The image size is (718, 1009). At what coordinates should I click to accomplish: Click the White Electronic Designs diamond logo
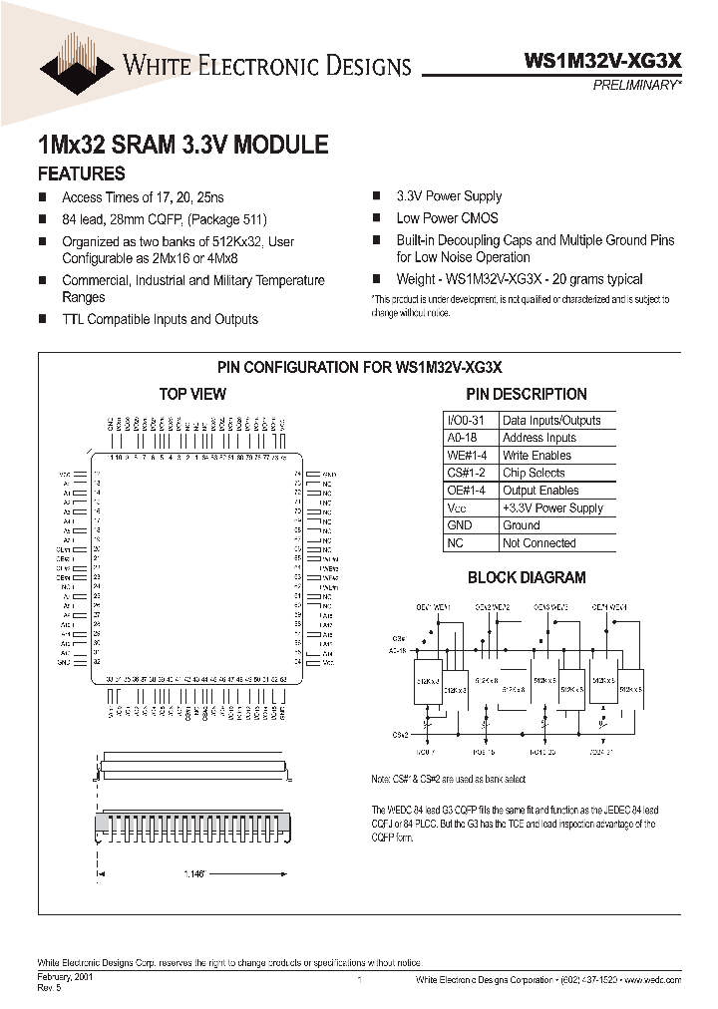(x=77, y=67)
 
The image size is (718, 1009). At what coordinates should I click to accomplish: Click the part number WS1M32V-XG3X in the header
(x=602, y=61)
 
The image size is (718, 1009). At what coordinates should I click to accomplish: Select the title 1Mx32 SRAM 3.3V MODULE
(x=182, y=145)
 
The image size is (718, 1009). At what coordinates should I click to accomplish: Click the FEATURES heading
(x=82, y=173)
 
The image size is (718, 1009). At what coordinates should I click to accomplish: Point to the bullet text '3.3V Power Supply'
(x=449, y=196)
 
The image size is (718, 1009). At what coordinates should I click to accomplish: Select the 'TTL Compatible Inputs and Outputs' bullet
(x=160, y=320)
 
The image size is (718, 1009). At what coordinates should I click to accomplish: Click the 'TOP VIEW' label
(x=192, y=394)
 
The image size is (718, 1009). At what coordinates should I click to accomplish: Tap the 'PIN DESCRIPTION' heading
(x=528, y=394)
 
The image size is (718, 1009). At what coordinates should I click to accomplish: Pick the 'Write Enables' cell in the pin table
(x=537, y=456)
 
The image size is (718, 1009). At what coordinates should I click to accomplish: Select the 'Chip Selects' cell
(x=534, y=473)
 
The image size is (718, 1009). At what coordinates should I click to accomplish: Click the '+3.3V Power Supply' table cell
(x=552, y=508)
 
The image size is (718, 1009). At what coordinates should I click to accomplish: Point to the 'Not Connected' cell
(x=538, y=543)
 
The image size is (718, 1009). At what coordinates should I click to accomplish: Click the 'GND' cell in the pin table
(x=460, y=525)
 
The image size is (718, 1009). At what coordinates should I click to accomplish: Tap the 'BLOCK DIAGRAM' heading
(x=527, y=577)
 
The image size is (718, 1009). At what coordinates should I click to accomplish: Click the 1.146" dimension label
(x=195, y=873)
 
